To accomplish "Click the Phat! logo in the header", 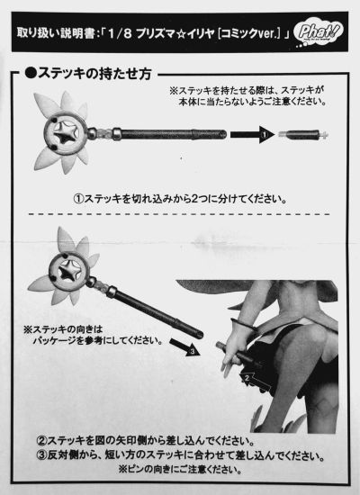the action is point(318,33).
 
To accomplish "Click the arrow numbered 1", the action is point(252,135).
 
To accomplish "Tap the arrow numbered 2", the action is point(256,381).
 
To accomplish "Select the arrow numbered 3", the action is point(185,346).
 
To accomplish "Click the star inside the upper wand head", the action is point(66,135).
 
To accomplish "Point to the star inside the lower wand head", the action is point(69,273).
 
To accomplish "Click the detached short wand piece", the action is point(303,135).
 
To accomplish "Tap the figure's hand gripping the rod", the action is point(236,347).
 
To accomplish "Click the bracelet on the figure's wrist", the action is point(244,325).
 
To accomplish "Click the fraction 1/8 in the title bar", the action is point(120,33).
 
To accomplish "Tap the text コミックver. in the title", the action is point(249,33).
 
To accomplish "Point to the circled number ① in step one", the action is point(78,199).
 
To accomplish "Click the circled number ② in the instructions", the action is point(41,441).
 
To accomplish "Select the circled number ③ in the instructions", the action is point(41,455).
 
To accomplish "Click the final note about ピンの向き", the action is point(180,469).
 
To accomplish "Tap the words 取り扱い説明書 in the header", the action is point(56,32).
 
